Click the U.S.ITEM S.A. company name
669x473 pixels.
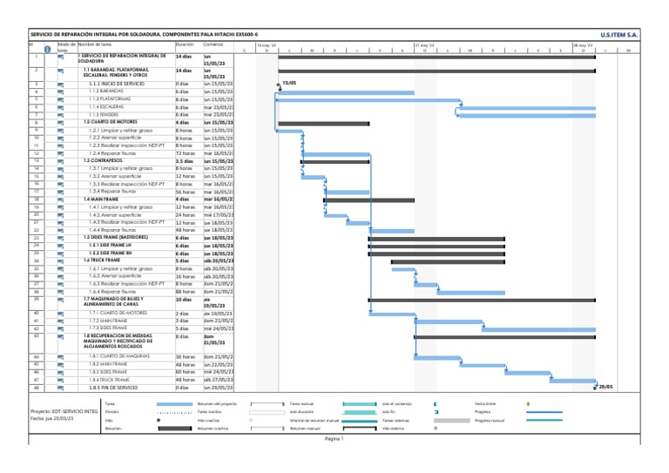[x=619, y=34]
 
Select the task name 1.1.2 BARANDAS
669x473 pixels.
[x=105, y=91]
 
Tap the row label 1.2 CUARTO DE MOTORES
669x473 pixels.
[x=111, y=122]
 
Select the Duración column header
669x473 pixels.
[x=185, y=44]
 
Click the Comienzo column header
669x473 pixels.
[x=213, y=44]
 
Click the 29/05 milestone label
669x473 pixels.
[x=605, y=388]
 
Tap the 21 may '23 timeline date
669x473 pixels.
[x=425, y=44]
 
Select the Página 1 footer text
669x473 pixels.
[x=335, y=439]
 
